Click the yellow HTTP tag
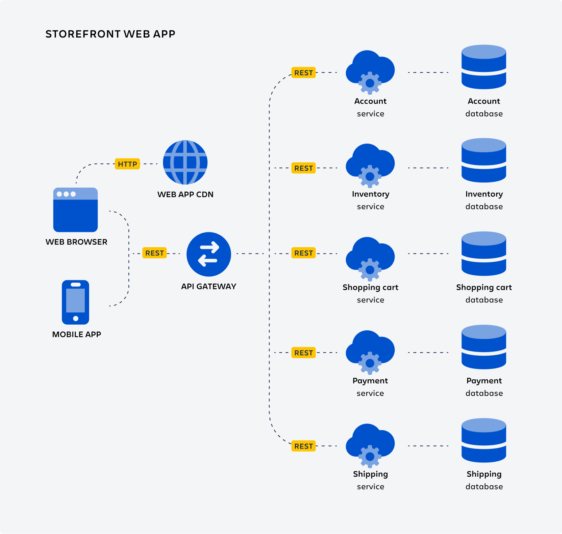pos(127,164)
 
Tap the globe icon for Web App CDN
pos(185,162)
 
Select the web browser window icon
pos(75,210)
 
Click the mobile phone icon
pos(75,302)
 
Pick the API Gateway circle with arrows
pos(209,254)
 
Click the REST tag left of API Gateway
pos(154,253)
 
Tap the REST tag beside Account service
pos(303,73)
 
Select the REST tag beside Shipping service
pos(303,446)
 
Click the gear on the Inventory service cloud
pos(370,176)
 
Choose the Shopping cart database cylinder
pos(484,254)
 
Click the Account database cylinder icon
pos(484,67)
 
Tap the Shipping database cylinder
pos(484,440)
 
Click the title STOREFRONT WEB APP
pos(110,34)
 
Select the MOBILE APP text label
pos(77,334)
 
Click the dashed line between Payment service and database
pos(428,353)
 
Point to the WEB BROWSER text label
pos(77,242)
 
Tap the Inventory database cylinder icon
pos(484,160)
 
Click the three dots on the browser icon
pos(66,194)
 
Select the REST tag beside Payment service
pos(303,353)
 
